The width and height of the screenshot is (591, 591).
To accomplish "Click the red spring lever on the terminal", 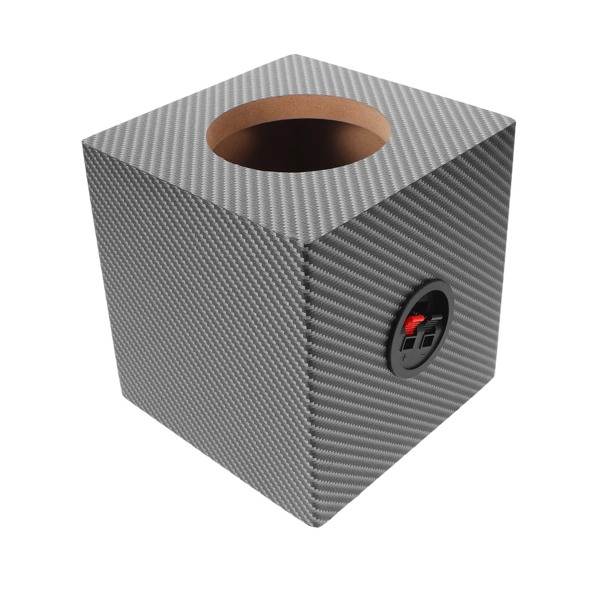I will point(409,326).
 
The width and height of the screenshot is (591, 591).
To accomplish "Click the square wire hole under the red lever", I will point(408,344).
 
